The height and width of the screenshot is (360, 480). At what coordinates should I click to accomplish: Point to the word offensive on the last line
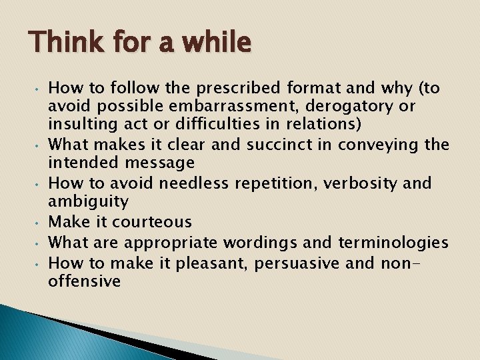pyautogui.click(x=85, y=281)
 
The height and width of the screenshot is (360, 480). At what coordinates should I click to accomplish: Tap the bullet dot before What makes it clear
pyautogui.click(x=39, y=145)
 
